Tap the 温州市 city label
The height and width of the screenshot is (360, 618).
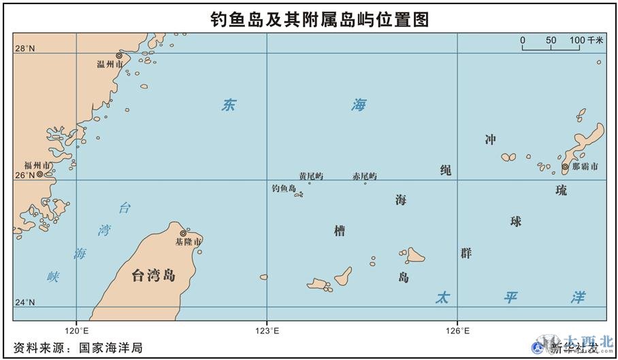tap(110, 64)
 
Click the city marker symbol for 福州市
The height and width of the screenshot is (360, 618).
tap(39, 174)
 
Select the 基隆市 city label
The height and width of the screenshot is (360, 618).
tap(188, 242)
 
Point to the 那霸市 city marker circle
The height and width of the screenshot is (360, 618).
tap(564, 167)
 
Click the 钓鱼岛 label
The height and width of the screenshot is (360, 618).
tap(283, 189)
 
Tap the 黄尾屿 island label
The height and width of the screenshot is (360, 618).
tap(311, 176)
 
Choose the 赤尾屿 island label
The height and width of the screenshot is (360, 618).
tap(364, 176)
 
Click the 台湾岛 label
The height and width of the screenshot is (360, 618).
tap(153, 275)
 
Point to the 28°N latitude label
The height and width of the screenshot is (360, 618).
tap(25, 48)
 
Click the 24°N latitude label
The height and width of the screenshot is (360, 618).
tap(25, 302)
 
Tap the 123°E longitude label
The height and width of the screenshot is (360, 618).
tap(267, 331)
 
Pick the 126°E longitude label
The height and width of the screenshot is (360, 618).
tap(457, 331)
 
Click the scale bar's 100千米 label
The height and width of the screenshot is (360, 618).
tap(586, 40)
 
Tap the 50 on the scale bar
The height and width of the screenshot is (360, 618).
tap(551, 40)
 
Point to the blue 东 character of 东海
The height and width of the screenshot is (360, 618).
tap(229, 105)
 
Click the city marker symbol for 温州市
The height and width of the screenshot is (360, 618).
tap(119, 55)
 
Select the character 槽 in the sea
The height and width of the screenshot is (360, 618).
tap(339, 231)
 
